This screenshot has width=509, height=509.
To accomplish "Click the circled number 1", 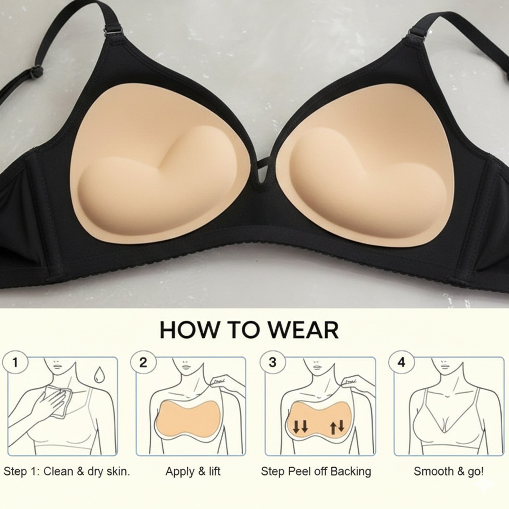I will tap(15, 362).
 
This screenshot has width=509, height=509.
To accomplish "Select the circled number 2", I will tap(143, 362).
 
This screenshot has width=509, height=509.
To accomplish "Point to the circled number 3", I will tap(272, 362).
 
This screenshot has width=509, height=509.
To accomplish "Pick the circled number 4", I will tap(401, 362).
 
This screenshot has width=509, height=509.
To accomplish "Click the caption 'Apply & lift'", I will tap(193, 471).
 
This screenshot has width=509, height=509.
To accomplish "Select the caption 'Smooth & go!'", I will tap(449, 471).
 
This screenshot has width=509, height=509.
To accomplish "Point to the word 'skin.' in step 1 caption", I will tap(118, 471).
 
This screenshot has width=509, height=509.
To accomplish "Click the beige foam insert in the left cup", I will tap(161, 169).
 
